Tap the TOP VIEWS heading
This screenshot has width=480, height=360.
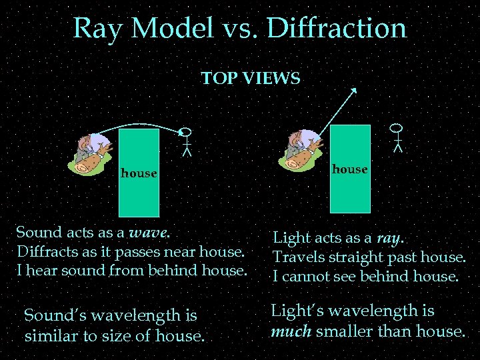coord(250,79)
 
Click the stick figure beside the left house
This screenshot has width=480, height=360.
coord(187,141)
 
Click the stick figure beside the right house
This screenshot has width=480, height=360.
coord(397,137)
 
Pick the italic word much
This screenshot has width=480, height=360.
coord(289,331)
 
